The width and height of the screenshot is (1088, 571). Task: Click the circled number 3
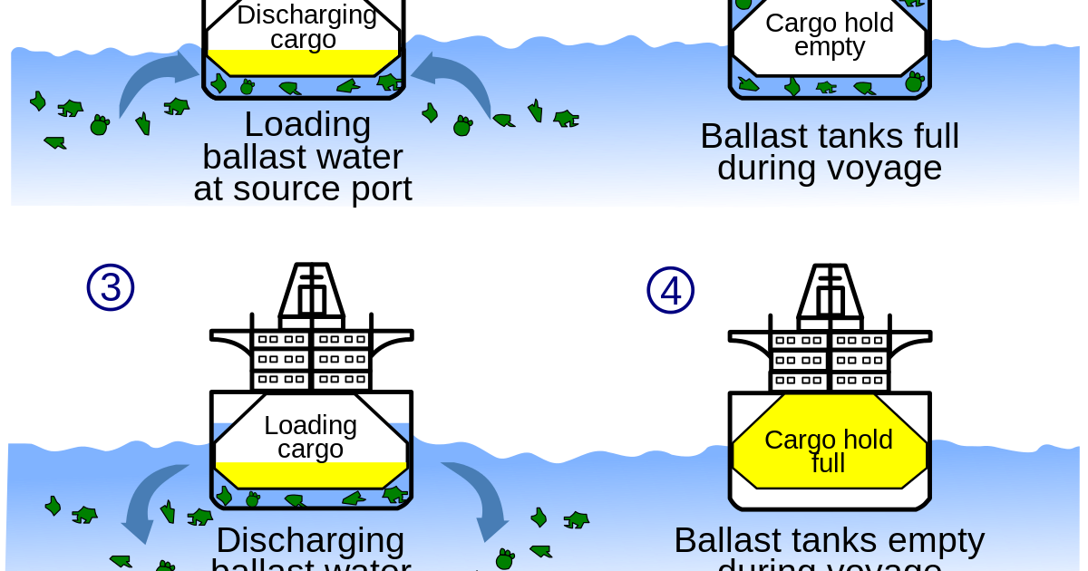point(111,287)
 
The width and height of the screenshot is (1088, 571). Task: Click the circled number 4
point(671,291)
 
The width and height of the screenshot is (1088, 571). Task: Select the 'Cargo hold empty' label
point(829,35)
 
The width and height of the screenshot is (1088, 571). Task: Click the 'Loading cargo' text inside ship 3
point(310,437)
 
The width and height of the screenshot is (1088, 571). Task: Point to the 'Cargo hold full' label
point(829,451)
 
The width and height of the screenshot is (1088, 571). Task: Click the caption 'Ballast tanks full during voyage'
point(829,152)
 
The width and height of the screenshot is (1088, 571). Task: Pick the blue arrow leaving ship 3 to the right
point(476,498)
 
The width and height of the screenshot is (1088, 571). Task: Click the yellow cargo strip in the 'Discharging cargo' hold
point(303,63)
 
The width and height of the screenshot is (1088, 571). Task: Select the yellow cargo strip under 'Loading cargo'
point(310,474)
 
